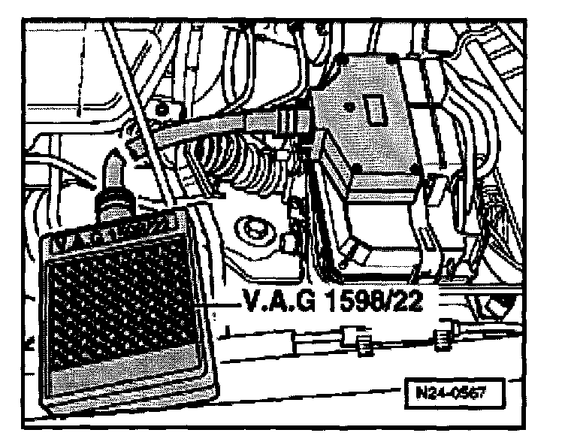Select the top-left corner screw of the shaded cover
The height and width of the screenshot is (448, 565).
pyautogui.click(x=343, y=59)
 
